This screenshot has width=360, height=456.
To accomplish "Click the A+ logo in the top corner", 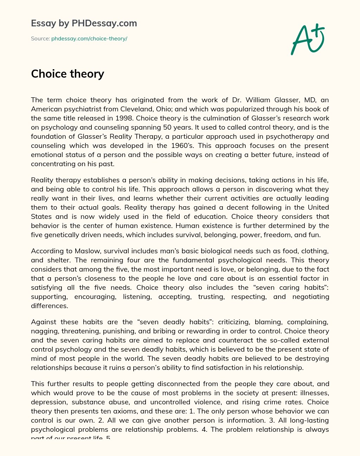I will [x=308, y=39].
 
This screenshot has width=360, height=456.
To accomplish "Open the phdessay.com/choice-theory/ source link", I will [x=89, y=39].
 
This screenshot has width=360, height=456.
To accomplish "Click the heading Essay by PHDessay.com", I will [x=84, y=23].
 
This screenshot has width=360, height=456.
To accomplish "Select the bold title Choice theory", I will [x=67, y=74].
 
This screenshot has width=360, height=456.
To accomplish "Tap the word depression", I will [x=49, y=402].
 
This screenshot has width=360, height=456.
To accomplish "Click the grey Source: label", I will [x=40, y=39].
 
